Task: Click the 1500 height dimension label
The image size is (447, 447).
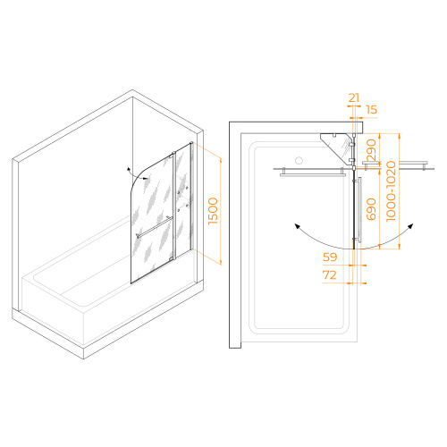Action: (x=214, y=211)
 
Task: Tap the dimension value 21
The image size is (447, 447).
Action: (x=354, y=97)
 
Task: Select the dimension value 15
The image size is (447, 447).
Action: (x=371, y=110)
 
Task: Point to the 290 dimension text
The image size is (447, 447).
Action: (x=371, y=150)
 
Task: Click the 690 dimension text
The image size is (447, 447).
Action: (x=371, y=209)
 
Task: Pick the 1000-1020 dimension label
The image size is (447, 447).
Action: (x=391, y=191)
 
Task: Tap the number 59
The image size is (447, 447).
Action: (x=330, y=257)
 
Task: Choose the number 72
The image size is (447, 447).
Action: (x=330, y=274)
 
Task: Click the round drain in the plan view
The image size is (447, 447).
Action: (x=299, y=160)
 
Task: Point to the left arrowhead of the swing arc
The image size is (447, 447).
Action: (x=297, y=226)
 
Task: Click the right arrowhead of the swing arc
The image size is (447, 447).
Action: (x=410, y=226)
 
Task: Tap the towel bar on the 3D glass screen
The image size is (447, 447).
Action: (x=155, y=228)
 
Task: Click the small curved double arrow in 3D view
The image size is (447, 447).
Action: (x=137, y=174)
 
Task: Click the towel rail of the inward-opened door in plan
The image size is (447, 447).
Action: (x=313, y=174)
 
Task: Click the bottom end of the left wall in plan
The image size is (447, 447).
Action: (x=235, y=348)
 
